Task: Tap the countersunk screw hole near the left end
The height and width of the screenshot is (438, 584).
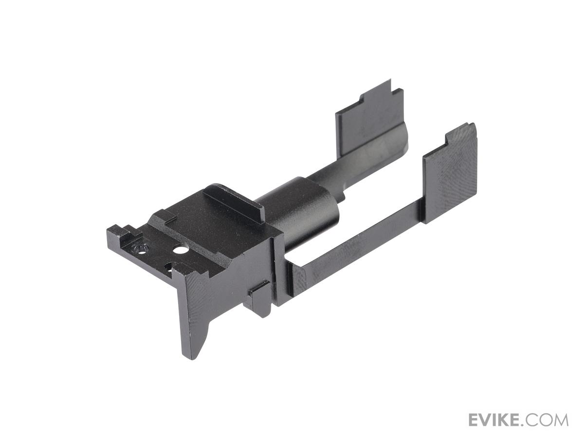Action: [141, 249]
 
